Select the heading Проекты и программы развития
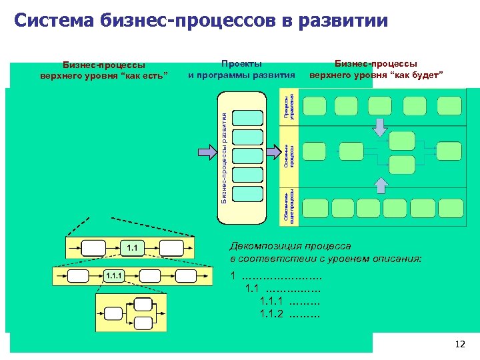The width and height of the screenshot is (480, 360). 241,69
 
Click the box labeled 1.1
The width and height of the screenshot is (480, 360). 133,248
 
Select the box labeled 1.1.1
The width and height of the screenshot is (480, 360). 113,275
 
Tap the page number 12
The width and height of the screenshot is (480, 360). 459,344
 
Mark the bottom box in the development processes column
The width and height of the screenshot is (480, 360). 248,193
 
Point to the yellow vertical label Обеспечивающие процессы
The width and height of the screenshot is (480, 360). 287,204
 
